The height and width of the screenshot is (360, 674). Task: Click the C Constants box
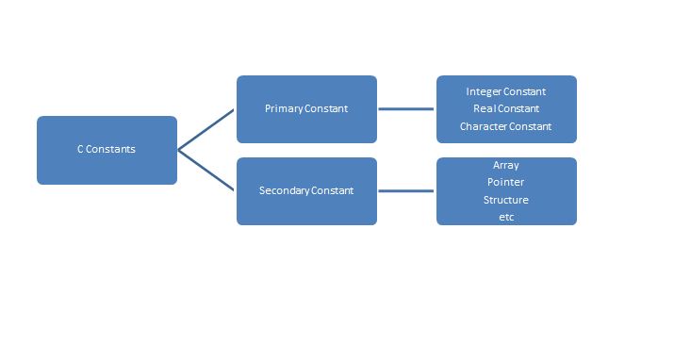pos(107,150)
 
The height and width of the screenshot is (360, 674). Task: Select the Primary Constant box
pos(306,109)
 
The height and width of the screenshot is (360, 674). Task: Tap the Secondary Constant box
pos(306,191)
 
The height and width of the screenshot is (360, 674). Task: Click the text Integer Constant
pos(506,92)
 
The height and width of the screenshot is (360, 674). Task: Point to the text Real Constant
pos(506,109)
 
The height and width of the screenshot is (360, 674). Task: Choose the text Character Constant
pos(506,126)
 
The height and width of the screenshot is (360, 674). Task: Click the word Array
pos(506,165)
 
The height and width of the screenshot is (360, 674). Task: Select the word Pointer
pos(506,182)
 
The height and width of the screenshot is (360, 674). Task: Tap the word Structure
pos(506,200)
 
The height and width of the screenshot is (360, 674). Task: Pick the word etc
pos(506,217)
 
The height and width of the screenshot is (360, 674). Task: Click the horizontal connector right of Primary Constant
pos(406,109)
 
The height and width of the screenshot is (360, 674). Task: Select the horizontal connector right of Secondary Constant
pos(406,191)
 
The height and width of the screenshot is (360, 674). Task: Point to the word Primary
pos(284,109)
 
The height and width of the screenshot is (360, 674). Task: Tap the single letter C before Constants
pos(81,150)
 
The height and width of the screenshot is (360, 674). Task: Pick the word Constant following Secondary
pos(332,191)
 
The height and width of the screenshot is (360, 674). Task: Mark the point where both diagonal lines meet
pos(179,150)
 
